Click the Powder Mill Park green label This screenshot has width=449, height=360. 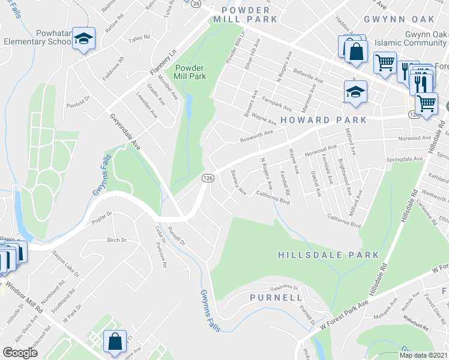(190, 72)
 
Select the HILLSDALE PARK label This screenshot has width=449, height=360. (329, 255)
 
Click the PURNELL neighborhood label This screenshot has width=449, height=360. (276, 297)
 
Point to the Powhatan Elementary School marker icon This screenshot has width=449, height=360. (84, 40)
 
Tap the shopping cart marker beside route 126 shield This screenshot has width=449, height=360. (426, 103)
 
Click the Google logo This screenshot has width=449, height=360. (20, 352)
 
